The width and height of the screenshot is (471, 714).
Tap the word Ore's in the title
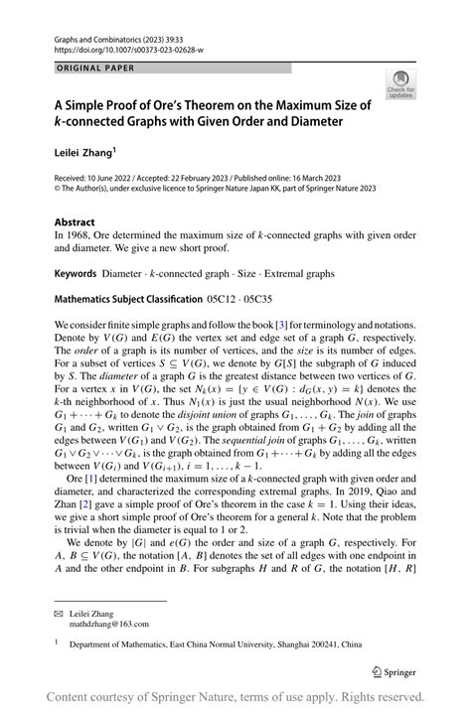(x=188, y=103)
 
